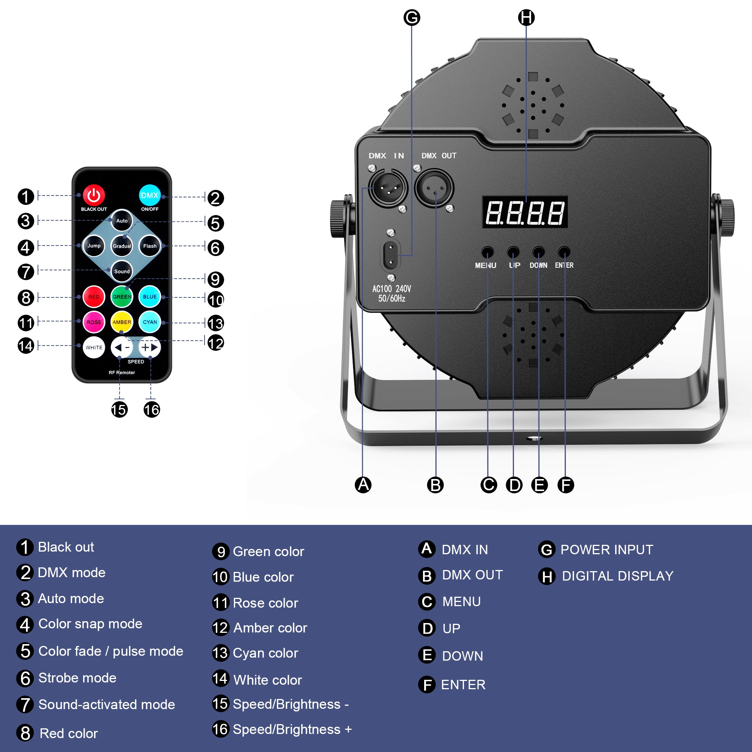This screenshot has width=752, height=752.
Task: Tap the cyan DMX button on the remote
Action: tap(150, 196)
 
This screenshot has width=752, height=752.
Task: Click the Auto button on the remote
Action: tap(122, 221)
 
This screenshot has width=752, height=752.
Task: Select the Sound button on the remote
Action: tap(122, 271)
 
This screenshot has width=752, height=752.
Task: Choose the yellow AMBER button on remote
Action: tap(122, 322)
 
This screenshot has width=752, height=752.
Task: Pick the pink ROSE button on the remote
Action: tap(94, 322)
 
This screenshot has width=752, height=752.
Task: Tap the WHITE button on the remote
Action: tap(94, 347)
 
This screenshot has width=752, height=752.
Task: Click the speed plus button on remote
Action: tap(150, 347)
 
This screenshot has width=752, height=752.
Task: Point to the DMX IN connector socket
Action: tap(388, 188)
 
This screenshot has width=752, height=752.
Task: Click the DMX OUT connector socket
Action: tap(434, 188)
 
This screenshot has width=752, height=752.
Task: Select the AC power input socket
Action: tap(390, 255)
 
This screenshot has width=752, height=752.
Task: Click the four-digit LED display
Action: tap(525, 212)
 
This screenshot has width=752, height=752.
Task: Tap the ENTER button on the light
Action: tap(564, 252)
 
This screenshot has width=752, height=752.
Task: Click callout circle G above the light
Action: tap(412, 18)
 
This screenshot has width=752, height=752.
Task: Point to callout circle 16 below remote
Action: tap(152, 409)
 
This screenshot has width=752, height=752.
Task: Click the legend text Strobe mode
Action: tap(77, 678)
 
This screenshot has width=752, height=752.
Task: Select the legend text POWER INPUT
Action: tap(606, 550)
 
